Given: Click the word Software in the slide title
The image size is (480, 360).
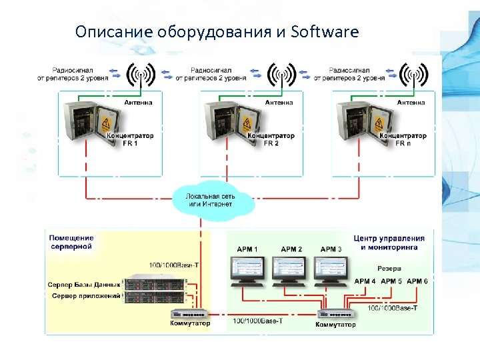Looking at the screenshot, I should [325, 32].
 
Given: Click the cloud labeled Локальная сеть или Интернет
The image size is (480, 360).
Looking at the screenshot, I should [211, 198].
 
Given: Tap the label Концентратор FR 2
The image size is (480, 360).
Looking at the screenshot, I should [271, 139].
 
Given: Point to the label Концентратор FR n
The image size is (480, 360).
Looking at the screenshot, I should [403, 139].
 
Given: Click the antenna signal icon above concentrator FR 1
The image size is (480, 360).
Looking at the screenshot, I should [141, 75].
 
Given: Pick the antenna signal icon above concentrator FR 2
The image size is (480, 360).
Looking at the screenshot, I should [281, 75].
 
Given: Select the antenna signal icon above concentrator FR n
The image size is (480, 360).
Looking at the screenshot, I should [413, 75].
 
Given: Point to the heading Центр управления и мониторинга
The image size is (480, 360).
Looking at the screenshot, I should [389, 242].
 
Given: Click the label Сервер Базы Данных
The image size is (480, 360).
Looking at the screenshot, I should [84, 285].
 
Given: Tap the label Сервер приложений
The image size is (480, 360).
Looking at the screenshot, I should [87, 295].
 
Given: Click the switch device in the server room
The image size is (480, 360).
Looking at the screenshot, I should [189, 313].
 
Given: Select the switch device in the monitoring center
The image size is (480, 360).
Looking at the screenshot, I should [335, 314].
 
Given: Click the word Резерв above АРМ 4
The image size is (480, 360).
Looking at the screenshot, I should [389, 269].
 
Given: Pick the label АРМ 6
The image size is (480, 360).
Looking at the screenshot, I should [417, 281].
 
